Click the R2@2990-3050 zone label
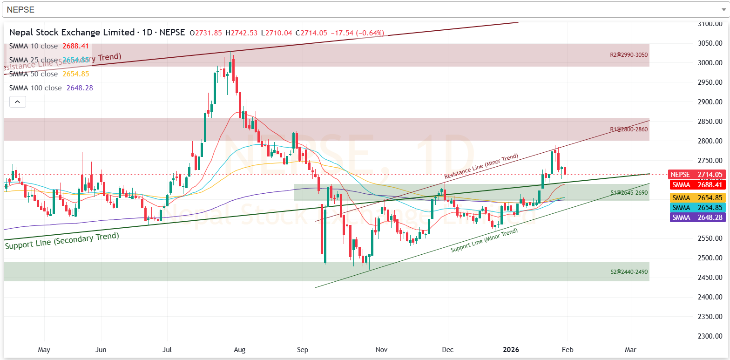pos(629,55)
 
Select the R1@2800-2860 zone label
pos(629,129)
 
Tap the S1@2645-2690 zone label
pos(629,192)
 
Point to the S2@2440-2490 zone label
pos(629,272)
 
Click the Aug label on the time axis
pos(239,349)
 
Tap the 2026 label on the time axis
pos(511,349)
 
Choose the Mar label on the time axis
pos(630,349)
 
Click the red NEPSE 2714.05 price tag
pos(696,175)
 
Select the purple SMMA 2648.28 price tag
pos(696,217)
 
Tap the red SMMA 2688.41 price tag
pos(696,185)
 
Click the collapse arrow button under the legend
pos(17,101)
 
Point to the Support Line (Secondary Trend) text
pos(62,240)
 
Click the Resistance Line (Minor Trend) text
pos(481,166)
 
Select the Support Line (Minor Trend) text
pos(484,240)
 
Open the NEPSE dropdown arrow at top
pos(722,9)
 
